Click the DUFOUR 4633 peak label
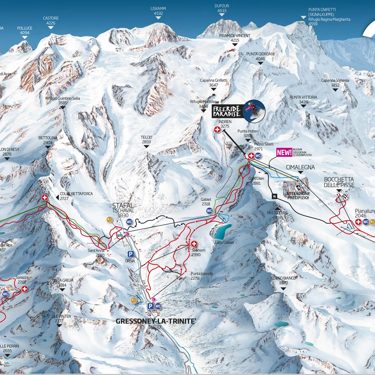[222, 8]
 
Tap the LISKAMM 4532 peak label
[158, 11]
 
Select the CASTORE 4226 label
[51, 21]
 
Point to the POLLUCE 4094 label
[25, 30]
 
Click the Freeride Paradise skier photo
[254, 111]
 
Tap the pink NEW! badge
[284, 153]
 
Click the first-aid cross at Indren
[217, 130]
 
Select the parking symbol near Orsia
[131, 254]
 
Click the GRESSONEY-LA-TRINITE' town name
[156, 321]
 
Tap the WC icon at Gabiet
[209, 211]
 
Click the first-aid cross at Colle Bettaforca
[45, 197]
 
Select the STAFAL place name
[123, 206]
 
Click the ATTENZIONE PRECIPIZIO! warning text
[298, 196]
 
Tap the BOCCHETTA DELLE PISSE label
[339, 182]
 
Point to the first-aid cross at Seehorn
[194, 244]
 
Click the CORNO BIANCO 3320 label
[283, 280]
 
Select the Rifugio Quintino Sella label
[63, 101]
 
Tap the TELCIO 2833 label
[146, 140]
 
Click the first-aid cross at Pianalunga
[358, 222]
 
